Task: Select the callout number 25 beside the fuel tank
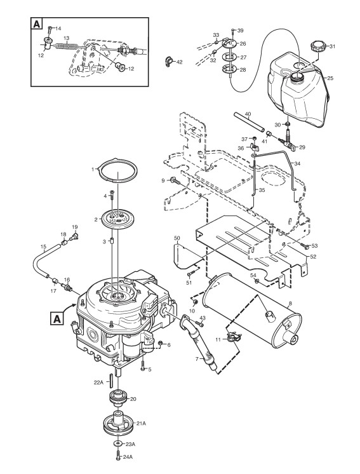(x=330, y=78)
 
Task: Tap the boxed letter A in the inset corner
(x=37, y=24)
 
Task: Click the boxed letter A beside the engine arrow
(x=57, y=318)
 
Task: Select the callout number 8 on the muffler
(x=291, y=303)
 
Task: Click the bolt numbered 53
(x=304, y=246)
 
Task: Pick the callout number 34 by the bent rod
(x=298, y=163)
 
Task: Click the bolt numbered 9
(x=174, y=181)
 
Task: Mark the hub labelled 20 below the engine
(x=118, y=396)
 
